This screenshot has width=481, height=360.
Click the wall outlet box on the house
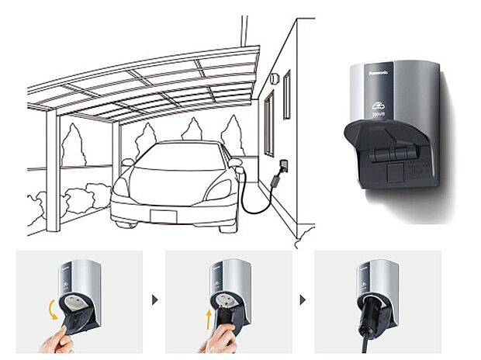point(283,166)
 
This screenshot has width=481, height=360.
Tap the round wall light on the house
point(275,78)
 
